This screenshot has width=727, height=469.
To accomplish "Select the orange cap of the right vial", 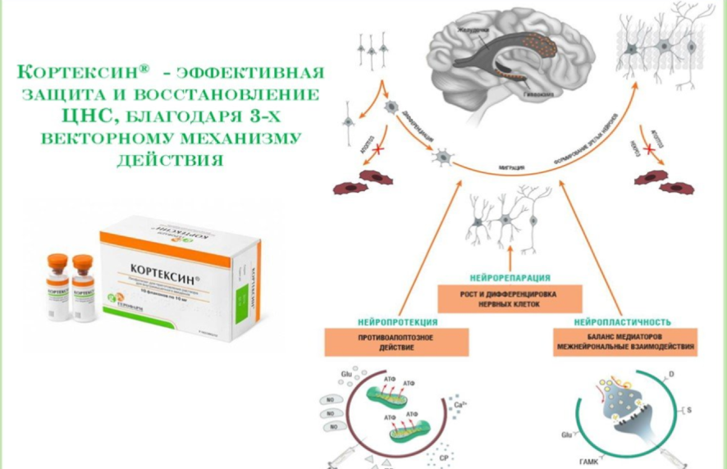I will pos(81,262).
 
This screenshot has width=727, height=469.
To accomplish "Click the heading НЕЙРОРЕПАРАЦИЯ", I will pos(510,279).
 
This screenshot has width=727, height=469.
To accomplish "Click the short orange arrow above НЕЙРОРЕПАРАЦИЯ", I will pos(509,253).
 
